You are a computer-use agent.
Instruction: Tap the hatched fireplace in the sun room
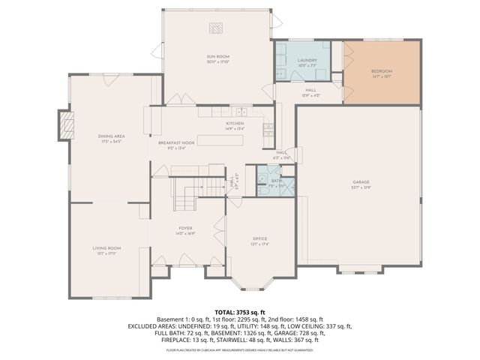(x=217, y=28)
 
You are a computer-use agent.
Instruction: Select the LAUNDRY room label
(x=307, y=60)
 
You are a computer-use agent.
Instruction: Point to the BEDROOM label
(x=382, y=71)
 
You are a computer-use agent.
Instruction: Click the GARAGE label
(x=361, y=182)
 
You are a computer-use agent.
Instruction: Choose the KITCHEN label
(x=235, y=123)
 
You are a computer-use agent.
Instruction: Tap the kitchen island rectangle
(x=221, y=140)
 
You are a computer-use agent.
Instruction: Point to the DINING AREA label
(x=111, y=136)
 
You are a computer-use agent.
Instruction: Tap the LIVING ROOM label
(x=106, y=247)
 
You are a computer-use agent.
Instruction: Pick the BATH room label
(x=277, y=180)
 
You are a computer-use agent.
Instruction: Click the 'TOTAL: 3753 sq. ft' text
(x=239, y=311)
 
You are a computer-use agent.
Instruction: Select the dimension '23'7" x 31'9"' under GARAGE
(x=361, y=187)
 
